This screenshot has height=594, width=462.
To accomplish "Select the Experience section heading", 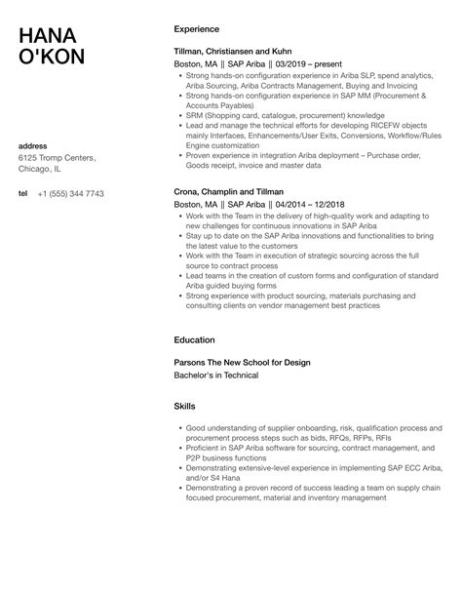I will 196,29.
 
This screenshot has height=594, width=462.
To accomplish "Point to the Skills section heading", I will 184,405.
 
